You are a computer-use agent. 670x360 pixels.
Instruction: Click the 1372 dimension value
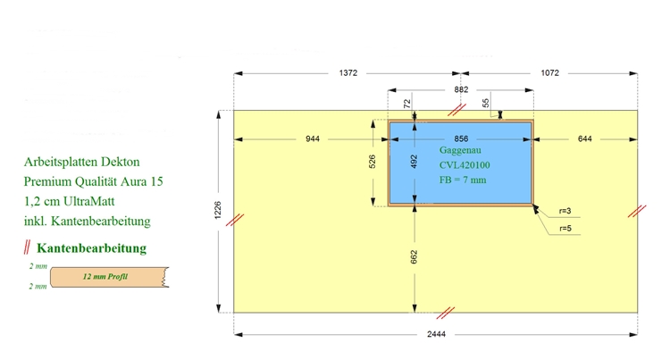[x=348, y=73]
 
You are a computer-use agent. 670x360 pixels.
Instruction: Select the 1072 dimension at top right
[x=550, y=73]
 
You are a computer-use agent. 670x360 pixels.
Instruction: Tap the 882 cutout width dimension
[x=461, y=89]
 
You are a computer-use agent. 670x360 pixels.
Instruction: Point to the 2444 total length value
[x=436, y=334]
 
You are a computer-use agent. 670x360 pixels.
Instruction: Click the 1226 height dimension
[x=218, y=210]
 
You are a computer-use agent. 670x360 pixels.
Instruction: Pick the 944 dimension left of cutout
[x=313, y=138]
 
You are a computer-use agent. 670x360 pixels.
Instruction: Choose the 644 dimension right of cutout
[x=585, y=138]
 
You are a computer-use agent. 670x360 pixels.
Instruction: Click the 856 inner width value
[x=461, y=138]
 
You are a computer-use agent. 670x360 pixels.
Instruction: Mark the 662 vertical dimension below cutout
[x=414, y=256]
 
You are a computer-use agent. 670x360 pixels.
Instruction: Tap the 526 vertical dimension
[x=373, y=162]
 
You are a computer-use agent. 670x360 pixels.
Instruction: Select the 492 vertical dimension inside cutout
[x=414, y=162]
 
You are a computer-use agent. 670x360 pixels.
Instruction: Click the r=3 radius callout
[x=565, y=211]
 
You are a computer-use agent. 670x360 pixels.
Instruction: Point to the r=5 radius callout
[x=565, y=229]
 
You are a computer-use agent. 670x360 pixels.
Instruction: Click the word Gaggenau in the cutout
[x=460, y=150]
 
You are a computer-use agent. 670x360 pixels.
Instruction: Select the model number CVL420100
[x=465, y=165]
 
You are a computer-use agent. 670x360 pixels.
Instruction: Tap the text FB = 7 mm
[x=463, y=180]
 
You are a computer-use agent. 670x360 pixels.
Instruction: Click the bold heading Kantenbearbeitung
[x=91, y=248]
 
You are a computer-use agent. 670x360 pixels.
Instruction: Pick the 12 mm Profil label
[x=105, y=277]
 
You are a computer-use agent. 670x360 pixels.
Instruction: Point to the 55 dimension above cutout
[x=485, y=103]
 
